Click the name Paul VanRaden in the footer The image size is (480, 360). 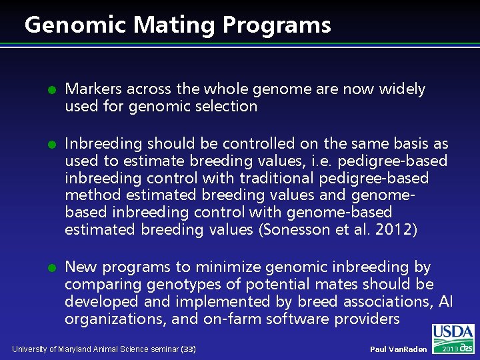399,349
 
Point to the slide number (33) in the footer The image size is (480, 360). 189,349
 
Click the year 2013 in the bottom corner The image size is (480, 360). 451,349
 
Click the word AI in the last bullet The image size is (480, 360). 445,302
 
